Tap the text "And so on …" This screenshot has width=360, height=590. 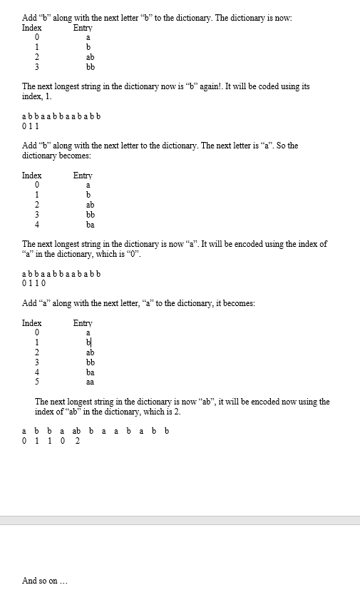(x=44, y=581)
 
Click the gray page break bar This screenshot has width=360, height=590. (x=180, y=521)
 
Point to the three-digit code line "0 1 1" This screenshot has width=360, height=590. (x=31, y=126)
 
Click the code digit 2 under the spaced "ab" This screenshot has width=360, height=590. (x=77, y=441)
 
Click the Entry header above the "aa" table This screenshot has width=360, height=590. (x=83, y=323)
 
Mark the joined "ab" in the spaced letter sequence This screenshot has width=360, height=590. (x=77, y=431)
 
